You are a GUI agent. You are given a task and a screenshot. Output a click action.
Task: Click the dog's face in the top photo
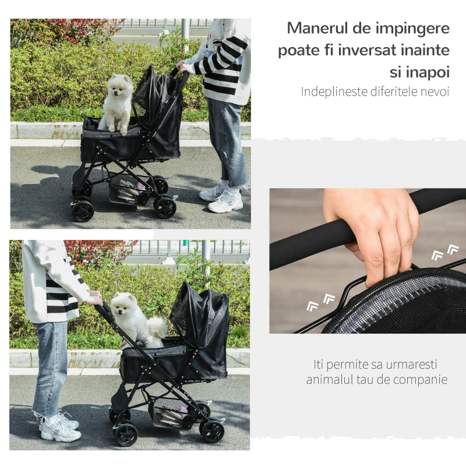point(118,89)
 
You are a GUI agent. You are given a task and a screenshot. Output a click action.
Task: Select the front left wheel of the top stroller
point(83,211)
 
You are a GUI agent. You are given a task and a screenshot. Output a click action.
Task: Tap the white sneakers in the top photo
point(221,199)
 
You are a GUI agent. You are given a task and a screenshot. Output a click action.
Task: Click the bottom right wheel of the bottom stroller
point(213,432)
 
